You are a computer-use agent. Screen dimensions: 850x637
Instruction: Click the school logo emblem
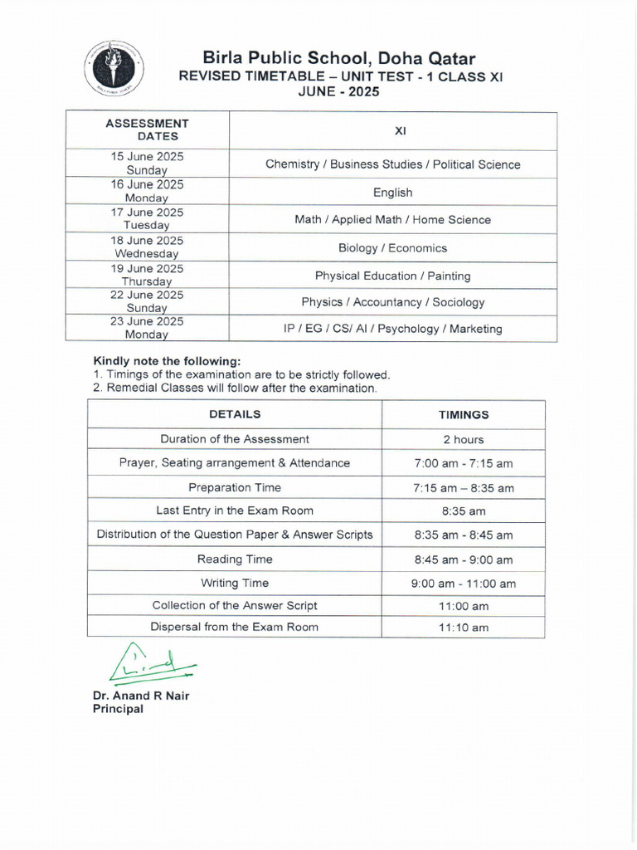[114, 69]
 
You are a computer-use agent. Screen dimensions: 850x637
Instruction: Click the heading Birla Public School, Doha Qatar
[339, 58]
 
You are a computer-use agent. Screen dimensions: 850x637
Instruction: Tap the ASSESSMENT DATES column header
[148, 129]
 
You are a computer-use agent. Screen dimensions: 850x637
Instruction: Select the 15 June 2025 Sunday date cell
[147, 163]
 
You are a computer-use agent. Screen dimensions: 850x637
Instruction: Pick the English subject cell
[392, 192]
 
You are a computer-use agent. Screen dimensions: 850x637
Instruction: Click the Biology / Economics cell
[392, 247]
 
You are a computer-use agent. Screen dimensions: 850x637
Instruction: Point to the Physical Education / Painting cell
[392, 275]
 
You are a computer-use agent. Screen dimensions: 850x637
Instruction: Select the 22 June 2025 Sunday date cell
[147, 301]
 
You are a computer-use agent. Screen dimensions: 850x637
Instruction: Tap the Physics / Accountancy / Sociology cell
[392, 302]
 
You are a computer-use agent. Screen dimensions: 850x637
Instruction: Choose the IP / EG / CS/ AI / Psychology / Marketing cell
[392, 329]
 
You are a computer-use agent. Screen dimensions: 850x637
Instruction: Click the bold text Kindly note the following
[167, 361]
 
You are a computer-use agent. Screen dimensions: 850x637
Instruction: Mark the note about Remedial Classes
[235, 388]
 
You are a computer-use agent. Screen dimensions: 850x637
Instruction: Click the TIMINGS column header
[463, 414]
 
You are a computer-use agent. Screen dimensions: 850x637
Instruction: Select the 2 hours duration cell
[463, 439]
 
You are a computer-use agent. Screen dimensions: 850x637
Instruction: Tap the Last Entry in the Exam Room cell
[235, 510]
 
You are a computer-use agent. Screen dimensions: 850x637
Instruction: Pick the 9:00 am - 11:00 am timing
[463, 584]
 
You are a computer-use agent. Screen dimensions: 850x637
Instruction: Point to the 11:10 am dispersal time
[463, 628]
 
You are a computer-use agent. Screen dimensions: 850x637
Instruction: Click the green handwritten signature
[149, 662]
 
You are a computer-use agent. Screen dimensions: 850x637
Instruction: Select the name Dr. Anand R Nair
[141, 696]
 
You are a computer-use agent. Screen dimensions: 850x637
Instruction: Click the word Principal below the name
[118, 709]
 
